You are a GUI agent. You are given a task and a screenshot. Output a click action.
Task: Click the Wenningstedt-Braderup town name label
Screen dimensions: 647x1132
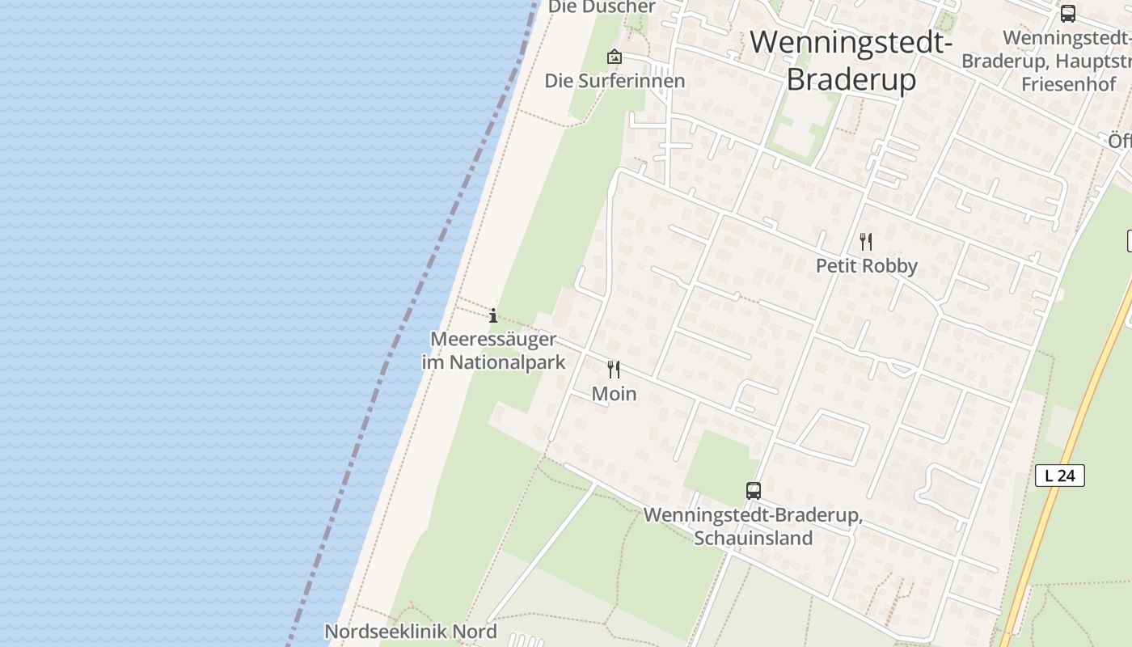851,61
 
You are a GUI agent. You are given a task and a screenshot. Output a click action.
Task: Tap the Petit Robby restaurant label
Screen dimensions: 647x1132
866,266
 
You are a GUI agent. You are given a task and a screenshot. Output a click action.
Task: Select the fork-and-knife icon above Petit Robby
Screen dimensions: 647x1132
866,241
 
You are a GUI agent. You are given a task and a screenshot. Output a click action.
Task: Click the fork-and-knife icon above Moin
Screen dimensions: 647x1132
614,370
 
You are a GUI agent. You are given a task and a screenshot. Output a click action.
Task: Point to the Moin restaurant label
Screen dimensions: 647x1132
614,394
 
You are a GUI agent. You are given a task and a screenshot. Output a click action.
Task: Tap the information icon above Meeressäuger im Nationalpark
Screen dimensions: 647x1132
493,315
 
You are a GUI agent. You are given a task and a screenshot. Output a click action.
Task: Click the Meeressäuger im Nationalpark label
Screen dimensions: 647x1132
493,350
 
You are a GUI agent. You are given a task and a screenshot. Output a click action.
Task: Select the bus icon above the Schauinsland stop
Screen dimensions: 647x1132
753,490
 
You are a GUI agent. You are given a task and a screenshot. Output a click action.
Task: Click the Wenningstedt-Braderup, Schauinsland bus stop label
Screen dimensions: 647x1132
753,526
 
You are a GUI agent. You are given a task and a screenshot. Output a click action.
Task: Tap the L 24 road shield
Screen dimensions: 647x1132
1059,476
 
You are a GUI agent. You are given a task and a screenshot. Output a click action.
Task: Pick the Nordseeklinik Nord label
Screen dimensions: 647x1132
411,631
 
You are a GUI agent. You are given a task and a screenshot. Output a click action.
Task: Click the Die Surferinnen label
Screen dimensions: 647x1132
615,81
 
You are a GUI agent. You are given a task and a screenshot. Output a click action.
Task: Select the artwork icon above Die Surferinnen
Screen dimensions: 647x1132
615,57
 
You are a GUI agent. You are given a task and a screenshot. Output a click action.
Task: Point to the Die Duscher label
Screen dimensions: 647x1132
602,7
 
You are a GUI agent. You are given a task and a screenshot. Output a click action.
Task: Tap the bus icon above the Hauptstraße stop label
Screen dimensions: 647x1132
1067,14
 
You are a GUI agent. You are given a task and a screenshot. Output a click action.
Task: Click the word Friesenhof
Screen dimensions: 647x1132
1068,84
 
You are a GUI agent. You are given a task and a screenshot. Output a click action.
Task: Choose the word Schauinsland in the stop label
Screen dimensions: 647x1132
753,538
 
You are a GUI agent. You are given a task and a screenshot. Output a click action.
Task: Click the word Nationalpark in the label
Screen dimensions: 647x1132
507,362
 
